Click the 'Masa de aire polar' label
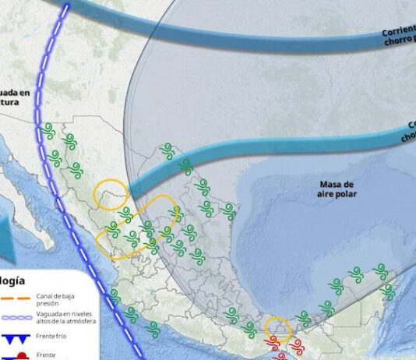click(x=337, y=189)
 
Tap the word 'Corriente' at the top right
click(x=398, y=32)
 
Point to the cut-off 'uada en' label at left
click(x=15, y=93)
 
